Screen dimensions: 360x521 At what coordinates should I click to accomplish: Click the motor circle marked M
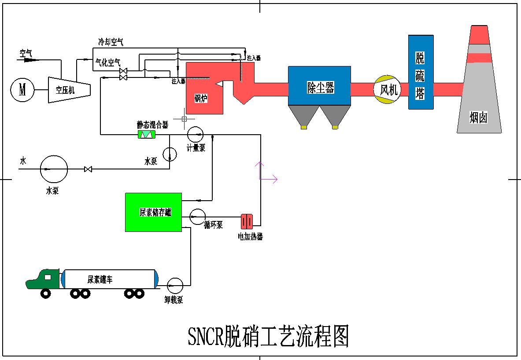(x=22, y=90)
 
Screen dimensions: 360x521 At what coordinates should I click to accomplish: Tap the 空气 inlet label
(x=26, y=53)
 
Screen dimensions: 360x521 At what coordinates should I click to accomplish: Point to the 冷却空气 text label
(x=111, y=42)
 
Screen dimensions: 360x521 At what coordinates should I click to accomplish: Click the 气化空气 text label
(x=108, y=63)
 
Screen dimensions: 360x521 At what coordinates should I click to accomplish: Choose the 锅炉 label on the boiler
(x=201, y=99)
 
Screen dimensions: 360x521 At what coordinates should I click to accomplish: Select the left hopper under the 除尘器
(x=304, y=116)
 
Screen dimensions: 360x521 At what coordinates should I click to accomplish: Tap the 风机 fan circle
(x=388, y=90)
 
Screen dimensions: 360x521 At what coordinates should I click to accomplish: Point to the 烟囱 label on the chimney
(x=479, y=118)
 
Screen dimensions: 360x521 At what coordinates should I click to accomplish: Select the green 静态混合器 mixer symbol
(x=147, y=134)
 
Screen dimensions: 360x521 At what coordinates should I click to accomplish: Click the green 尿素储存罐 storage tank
(x=153, y=212)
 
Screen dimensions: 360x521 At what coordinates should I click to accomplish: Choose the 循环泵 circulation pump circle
(x=197, y=215)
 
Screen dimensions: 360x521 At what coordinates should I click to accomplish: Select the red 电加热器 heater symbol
(x=247, y=221)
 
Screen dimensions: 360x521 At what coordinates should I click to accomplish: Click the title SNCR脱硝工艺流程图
(x=268, y=337)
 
